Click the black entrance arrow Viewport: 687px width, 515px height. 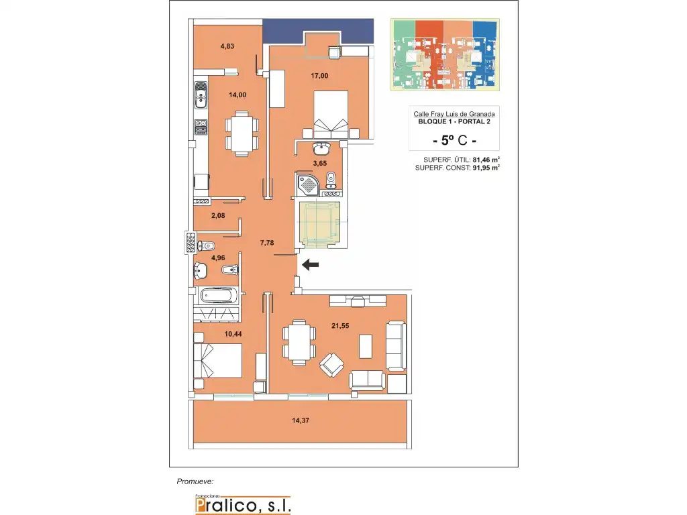tap(310, 264)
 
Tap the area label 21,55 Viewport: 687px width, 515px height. tap(340, 326)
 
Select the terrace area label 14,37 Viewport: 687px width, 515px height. tap(301, 420)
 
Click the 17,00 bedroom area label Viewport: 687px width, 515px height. tap(319, 76)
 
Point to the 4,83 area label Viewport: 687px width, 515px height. tap(227, 46)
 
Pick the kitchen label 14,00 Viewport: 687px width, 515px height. tap(237, 95)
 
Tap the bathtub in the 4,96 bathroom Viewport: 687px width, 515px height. tap(219, 296)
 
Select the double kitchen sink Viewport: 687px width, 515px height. tap(201, 95)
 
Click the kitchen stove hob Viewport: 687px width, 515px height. tap(201, 127)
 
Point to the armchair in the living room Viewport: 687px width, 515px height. tap(331, 365)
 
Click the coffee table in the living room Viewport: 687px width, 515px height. tap(366, 346)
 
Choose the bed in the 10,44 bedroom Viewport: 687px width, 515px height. tap(218, 360)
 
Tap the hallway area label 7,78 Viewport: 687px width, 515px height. tap(267, 243)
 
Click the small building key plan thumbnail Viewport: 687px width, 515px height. tap(445, 55)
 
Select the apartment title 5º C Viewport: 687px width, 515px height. tap(454, 140)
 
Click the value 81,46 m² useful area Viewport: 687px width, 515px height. tap(486, 160)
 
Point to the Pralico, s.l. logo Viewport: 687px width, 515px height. tap(243, 504)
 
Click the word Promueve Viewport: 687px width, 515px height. tap(195, 481)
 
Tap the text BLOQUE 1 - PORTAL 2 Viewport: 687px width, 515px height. tap(454, 121)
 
